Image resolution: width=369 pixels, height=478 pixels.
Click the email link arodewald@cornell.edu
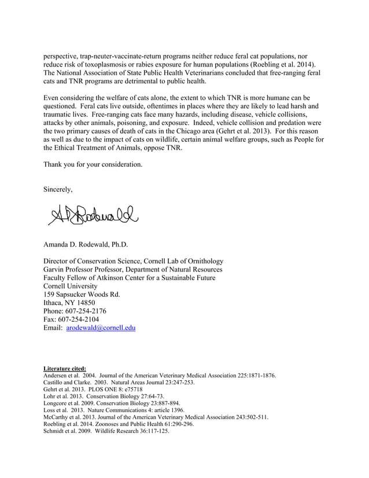pyautogui.click(x=101, y=328)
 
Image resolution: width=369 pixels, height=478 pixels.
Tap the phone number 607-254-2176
pyautogui.click(x=87, y=311)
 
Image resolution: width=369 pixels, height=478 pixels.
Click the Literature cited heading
pyautogui.click(x=65, y=368)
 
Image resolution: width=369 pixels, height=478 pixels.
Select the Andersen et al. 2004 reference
pyautogui.click(x=160, y=376)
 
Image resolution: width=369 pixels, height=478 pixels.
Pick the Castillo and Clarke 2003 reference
pyautogui.click(x=119, y=383)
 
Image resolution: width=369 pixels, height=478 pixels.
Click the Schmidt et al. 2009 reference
pyautogui.click(x=106, y=431)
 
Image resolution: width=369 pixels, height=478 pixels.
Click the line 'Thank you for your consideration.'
pyautogui.click(x=93, y=164)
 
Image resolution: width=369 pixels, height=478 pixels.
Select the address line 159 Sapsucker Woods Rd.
pyautogui.click(x=82, y=294)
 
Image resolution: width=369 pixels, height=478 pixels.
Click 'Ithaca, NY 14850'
pyautogui.click(x=69, y=302)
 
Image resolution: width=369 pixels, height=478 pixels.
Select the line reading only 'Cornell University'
pyautogui.click(x=75, y=286)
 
